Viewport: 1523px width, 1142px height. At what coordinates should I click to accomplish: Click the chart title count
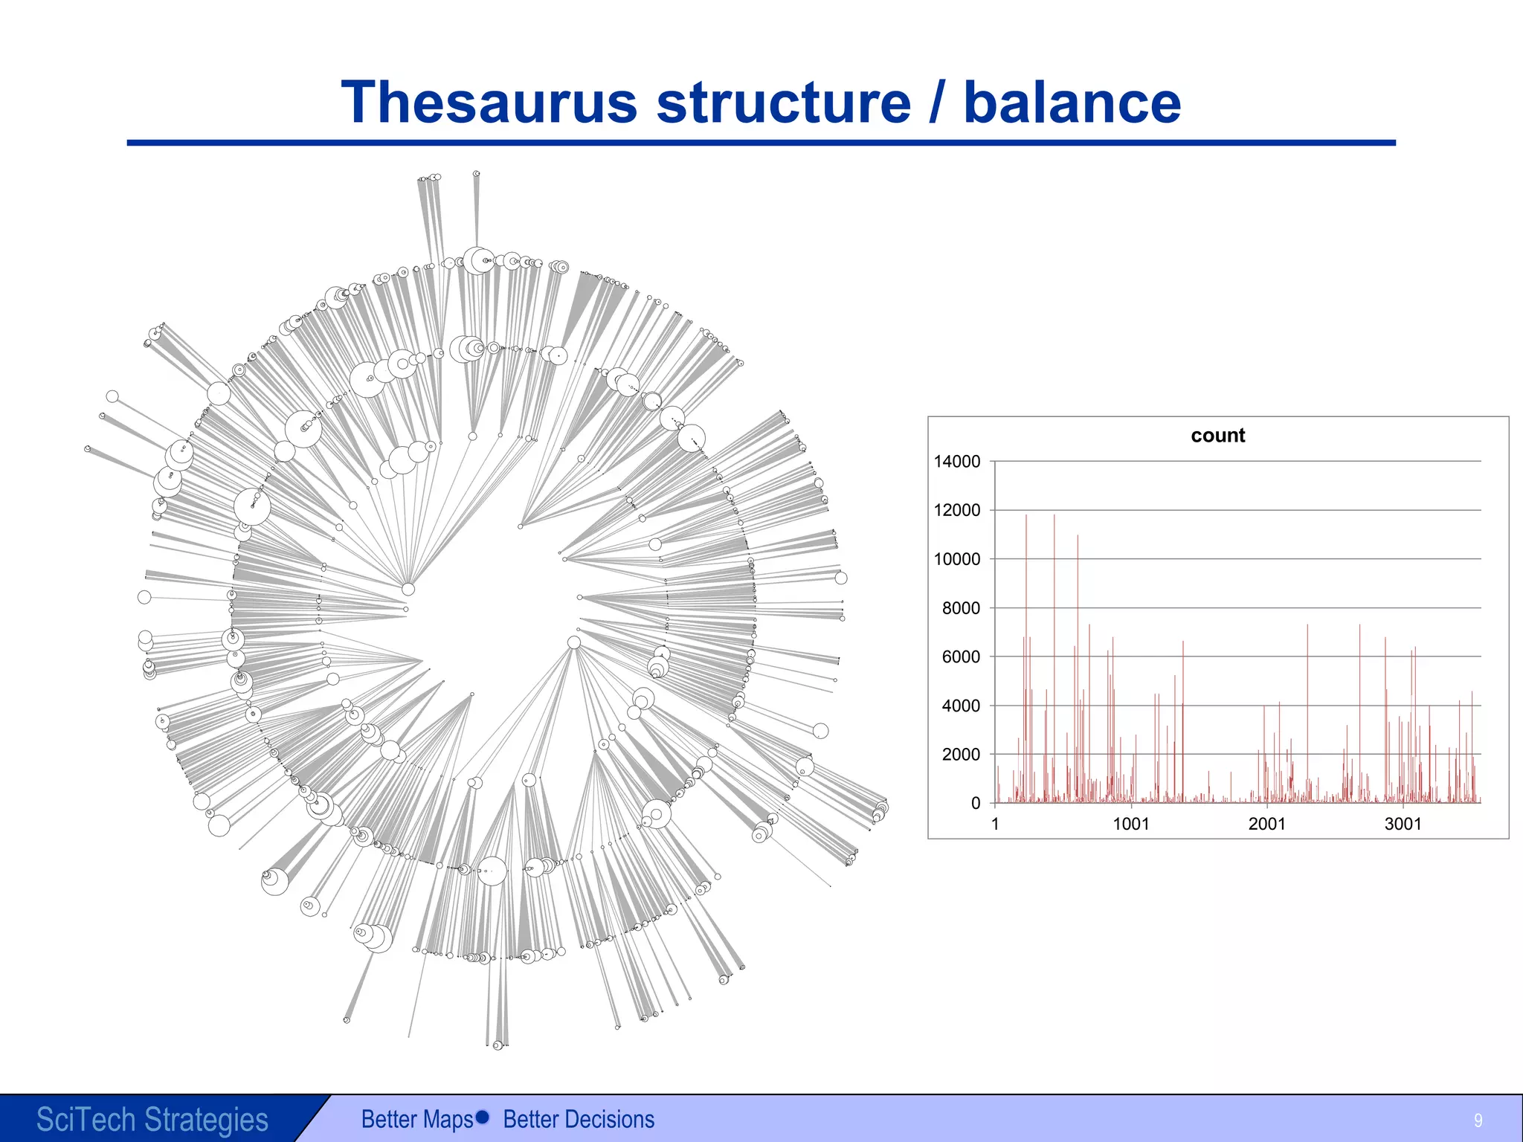click(1217, 436)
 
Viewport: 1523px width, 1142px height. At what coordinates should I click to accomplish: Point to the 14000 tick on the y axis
click(957, 462)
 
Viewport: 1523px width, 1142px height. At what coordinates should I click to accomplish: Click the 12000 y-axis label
click(957, 511)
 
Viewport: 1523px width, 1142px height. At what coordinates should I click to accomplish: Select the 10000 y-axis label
click(957, 559)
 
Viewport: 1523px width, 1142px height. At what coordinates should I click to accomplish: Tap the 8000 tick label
click(961, 608)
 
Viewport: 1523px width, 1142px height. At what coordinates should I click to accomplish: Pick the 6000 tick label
click(961, 657)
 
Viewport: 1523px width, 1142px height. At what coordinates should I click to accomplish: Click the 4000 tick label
click(961, 706)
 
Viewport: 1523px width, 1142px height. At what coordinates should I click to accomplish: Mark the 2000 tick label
click(961, 755)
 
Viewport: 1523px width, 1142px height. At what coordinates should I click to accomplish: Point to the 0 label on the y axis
click(976, 804)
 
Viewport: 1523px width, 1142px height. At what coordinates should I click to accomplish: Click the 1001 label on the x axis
click(1130, 824)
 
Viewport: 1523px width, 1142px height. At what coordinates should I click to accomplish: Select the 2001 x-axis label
click(1266, 824)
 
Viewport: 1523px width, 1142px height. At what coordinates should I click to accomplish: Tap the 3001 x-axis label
click(1403, 824)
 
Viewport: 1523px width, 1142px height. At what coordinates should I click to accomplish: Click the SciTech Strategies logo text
click(152, 1119)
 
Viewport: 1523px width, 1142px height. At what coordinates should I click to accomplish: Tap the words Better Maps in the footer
click(416, 1119)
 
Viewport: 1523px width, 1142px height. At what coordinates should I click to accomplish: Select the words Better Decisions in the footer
click(579, 1119)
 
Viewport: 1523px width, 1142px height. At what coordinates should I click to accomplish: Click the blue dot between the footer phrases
click(482, 1117)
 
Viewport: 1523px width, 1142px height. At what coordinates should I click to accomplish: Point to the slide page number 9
click(1478, 1120)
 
